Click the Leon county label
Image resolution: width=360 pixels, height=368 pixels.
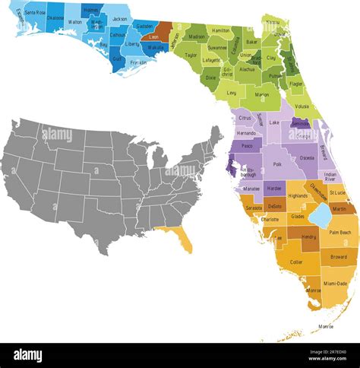153,35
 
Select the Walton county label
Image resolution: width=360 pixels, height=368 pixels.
75,22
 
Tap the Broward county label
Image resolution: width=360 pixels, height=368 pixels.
338,257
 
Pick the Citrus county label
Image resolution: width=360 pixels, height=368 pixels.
245,118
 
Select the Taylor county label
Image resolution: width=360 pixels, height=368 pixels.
191,56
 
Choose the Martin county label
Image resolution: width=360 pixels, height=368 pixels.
339,209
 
